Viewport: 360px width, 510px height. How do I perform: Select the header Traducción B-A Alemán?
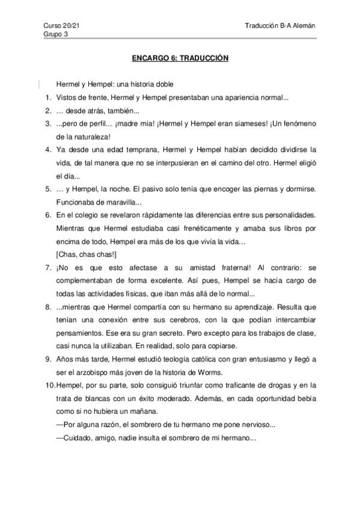(280, 25)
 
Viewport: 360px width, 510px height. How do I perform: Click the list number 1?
(47, 97)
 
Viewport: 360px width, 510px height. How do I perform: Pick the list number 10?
(49, 385)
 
